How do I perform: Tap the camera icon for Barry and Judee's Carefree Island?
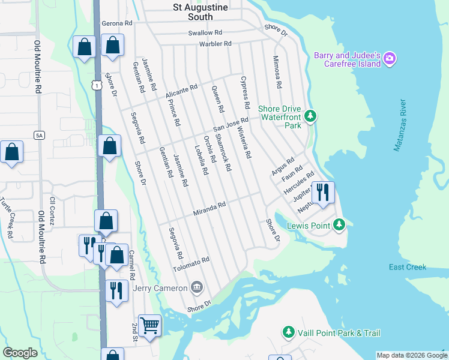[390, 58]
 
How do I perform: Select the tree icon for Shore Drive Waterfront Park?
[310, 115]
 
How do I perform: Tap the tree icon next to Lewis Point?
[340, 225]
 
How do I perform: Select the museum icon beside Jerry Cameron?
[196, 289]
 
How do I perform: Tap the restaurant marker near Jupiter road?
[323, 193]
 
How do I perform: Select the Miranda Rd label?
[209, 209]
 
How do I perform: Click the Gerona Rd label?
[116, 23]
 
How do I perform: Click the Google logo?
[20, 353]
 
